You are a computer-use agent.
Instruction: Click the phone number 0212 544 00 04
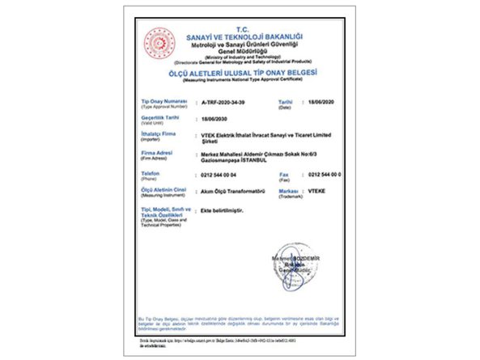[219, 174]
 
